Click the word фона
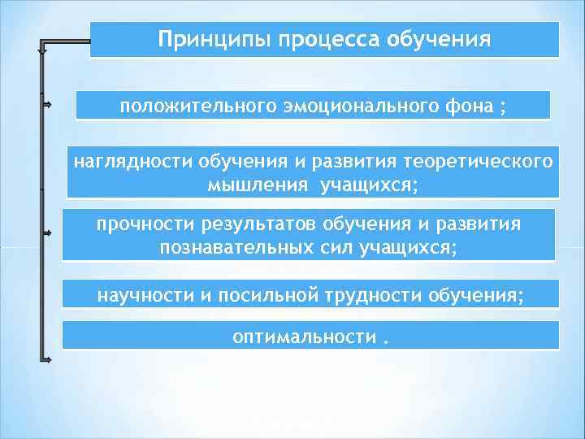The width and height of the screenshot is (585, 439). (466, 106)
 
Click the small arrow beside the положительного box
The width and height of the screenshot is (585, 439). (47, 105)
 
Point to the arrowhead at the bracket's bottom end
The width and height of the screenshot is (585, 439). (47, 359)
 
